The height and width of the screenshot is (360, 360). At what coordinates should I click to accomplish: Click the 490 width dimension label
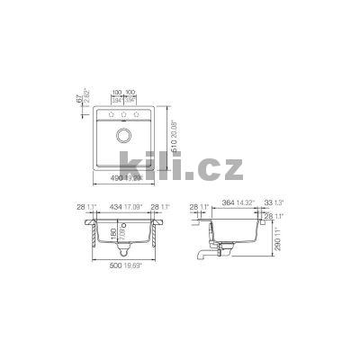click(x=112, y=178)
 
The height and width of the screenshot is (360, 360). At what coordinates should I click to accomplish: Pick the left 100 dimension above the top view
click(x=115, y=92)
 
